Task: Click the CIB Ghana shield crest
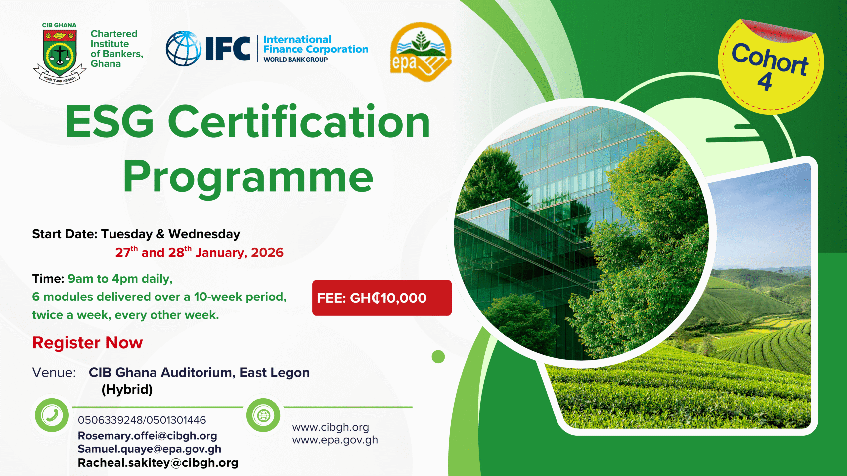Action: pos(60,53)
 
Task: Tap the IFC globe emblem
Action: pos(183,49)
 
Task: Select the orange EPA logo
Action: pos(421,52)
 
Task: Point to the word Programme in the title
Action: pos(248,177)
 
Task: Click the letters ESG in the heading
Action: pos(110,121)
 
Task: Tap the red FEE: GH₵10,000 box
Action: pos(382,298)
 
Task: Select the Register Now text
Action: pos(88,342)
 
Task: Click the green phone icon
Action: pos(52,415)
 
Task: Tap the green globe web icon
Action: pos(263,415)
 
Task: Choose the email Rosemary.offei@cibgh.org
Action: pos(147,436)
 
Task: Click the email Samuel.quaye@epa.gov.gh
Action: pos(150,449)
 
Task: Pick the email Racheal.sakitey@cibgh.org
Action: pos(158,463)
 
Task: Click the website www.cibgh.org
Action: pos(331,427)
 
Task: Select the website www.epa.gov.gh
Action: pos(335,440)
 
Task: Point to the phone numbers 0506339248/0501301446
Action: pos(142,420)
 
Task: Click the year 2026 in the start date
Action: pos(267,252)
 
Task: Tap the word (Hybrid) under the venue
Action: pos(127,389)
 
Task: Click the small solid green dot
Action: pos(438,357)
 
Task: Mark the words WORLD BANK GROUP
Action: pos(295,60)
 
